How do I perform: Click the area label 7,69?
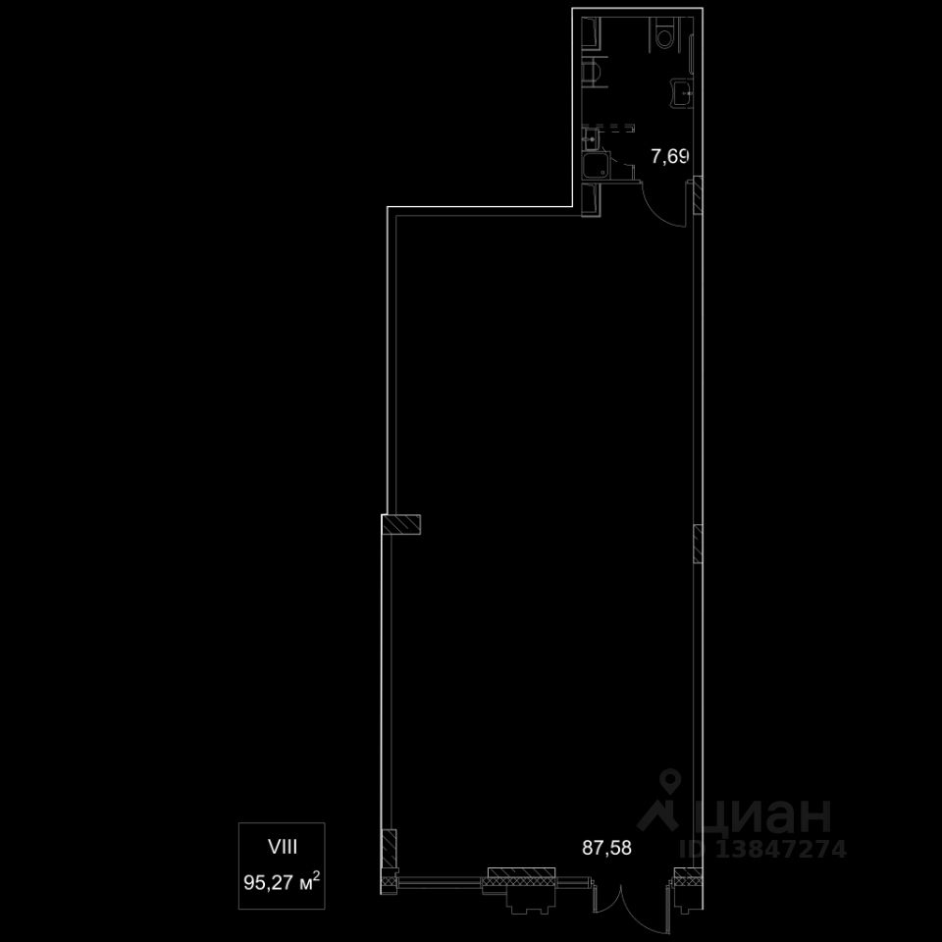(x=669, y=155)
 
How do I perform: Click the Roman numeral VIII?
(x=283, y=844)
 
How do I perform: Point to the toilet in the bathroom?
(x=665, y=36)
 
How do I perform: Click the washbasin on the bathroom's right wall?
(x=683, y=92)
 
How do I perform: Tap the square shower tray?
(x=595, y=167)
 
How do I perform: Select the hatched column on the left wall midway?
(x=403, y=525)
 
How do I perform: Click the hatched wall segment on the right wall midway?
(x=698, y=544)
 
